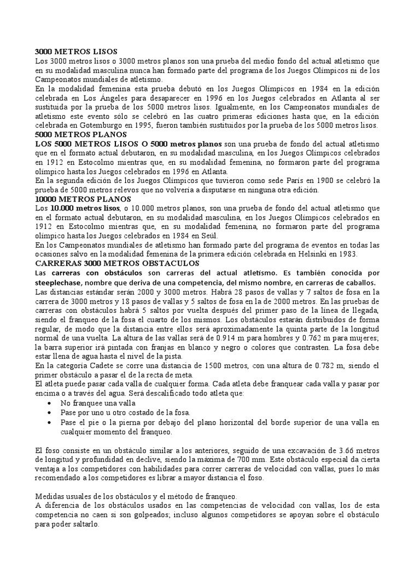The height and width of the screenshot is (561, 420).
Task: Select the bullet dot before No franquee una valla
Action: tap(51, 403)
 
